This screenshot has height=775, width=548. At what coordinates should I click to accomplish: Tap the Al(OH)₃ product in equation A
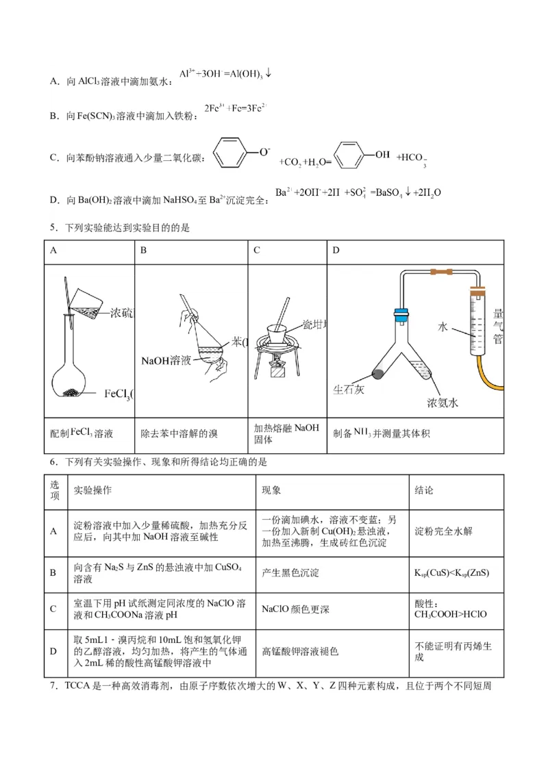pos(243,74)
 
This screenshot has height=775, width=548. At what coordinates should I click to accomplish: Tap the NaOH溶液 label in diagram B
pos(166,360)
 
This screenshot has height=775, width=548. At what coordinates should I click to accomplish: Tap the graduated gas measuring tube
pos(478,322)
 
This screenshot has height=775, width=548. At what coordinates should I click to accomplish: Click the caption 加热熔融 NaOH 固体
pos(286,434)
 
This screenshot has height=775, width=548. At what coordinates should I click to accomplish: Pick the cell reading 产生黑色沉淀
pos(290,572)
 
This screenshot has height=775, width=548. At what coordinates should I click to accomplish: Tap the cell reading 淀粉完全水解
pos(443,531)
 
